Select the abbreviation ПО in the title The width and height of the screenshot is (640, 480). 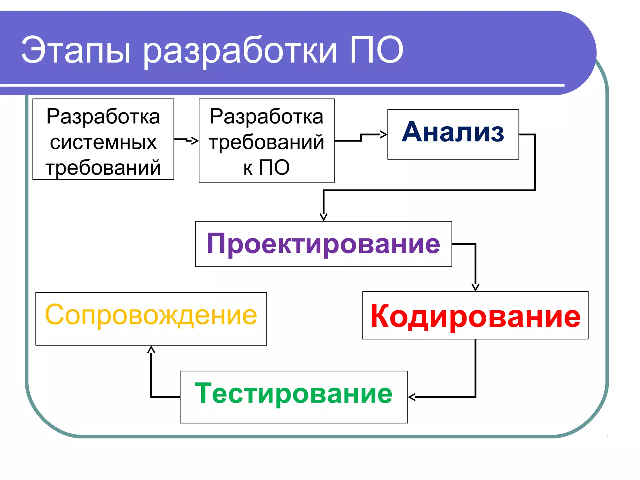(x=376, y=50)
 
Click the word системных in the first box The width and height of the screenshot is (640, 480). (x=103, y=142)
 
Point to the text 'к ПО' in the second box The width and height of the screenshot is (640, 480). (x=267, y=167)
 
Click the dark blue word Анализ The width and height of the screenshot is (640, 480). (x=453, y=132)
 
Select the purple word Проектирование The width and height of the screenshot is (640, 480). (x=323, y=244)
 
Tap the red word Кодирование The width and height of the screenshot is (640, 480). (x=475, y=316)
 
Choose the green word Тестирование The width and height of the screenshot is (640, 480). (x=294, y=394)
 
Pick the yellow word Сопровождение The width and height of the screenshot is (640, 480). (x=151, y=315)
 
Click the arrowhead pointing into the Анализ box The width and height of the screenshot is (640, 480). (x=384, y=135)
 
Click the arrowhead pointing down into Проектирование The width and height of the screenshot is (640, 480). (x=323, y=217)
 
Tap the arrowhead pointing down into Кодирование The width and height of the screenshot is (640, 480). (x=475, y=287)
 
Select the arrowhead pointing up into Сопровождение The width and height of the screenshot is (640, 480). (x=151, y=349)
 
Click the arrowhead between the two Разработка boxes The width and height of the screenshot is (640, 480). (x=195, y=141)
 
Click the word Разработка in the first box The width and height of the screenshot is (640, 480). (x=103, y=117)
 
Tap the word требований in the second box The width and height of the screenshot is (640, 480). (x=267, y=142)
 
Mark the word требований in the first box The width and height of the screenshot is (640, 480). (x=103, y=167)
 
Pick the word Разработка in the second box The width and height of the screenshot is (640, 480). (x=267, y=117)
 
